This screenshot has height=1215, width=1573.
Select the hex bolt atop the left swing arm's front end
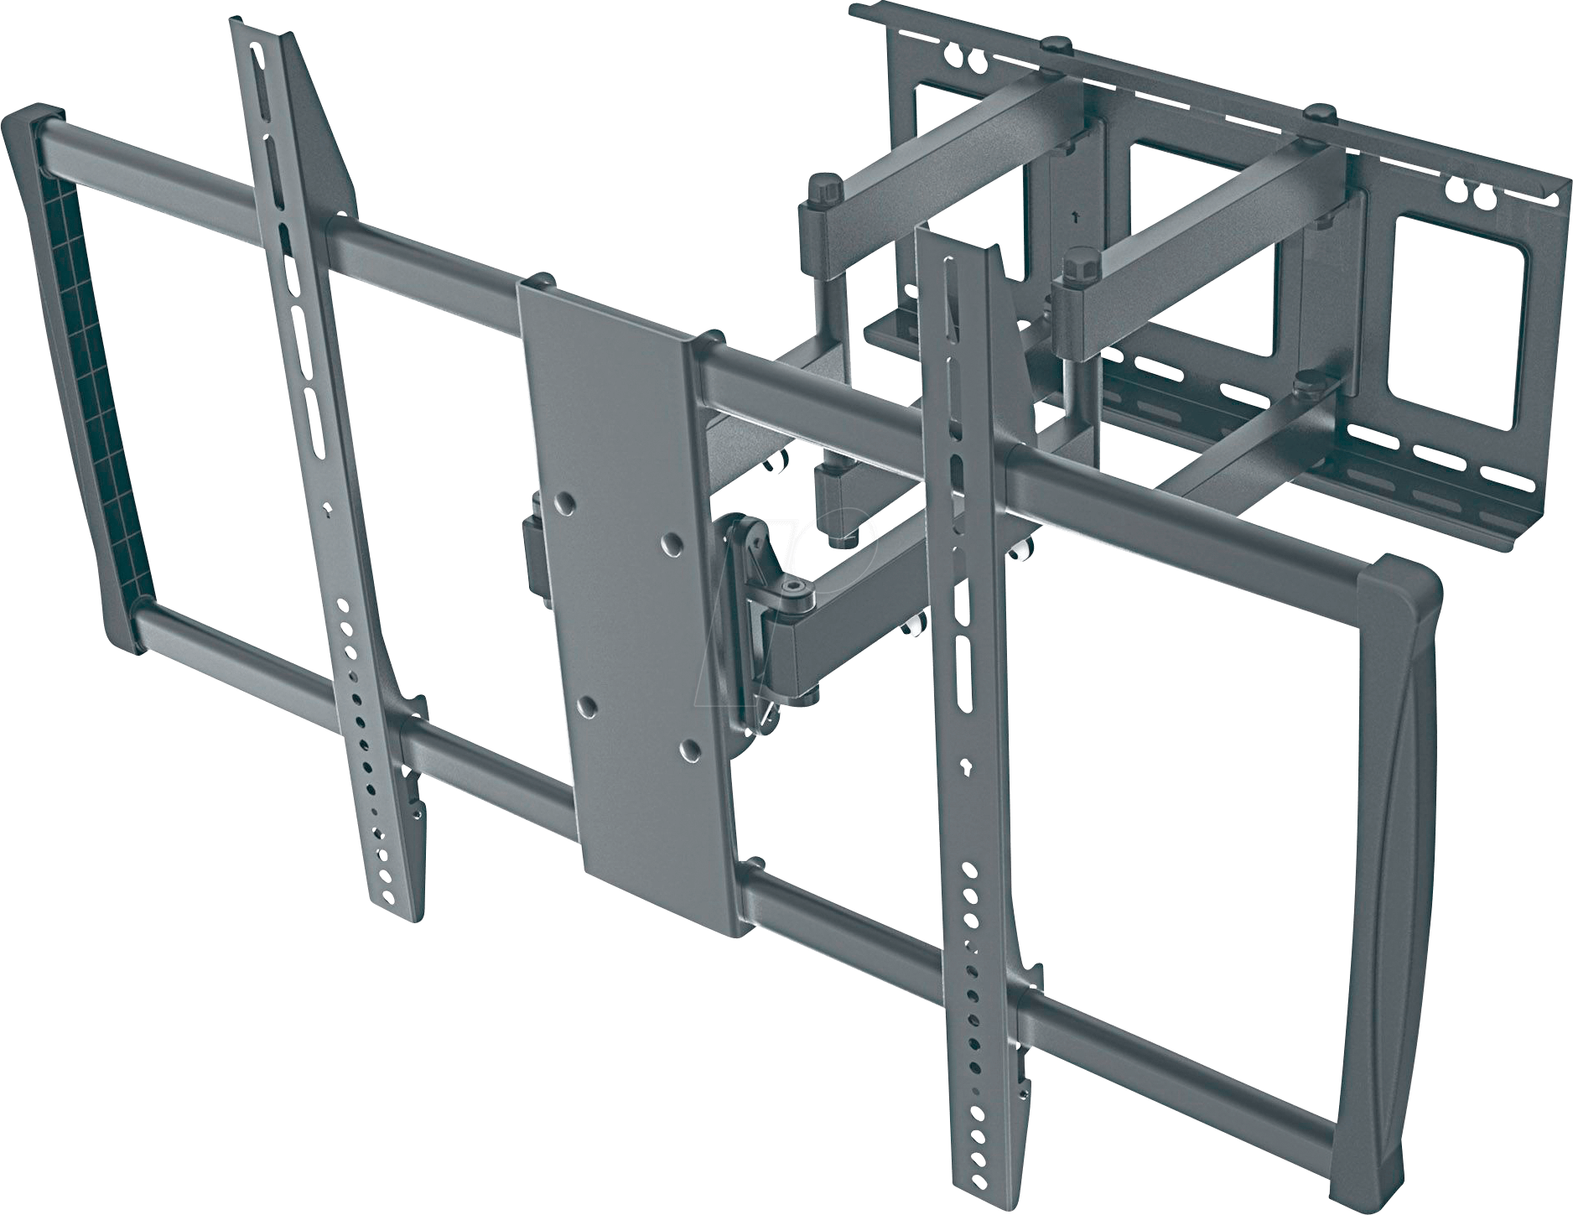(x=823, y=188)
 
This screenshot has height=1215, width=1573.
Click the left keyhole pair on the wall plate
(x=965, y=60)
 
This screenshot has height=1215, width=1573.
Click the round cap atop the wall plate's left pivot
(x=1057, y=42)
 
